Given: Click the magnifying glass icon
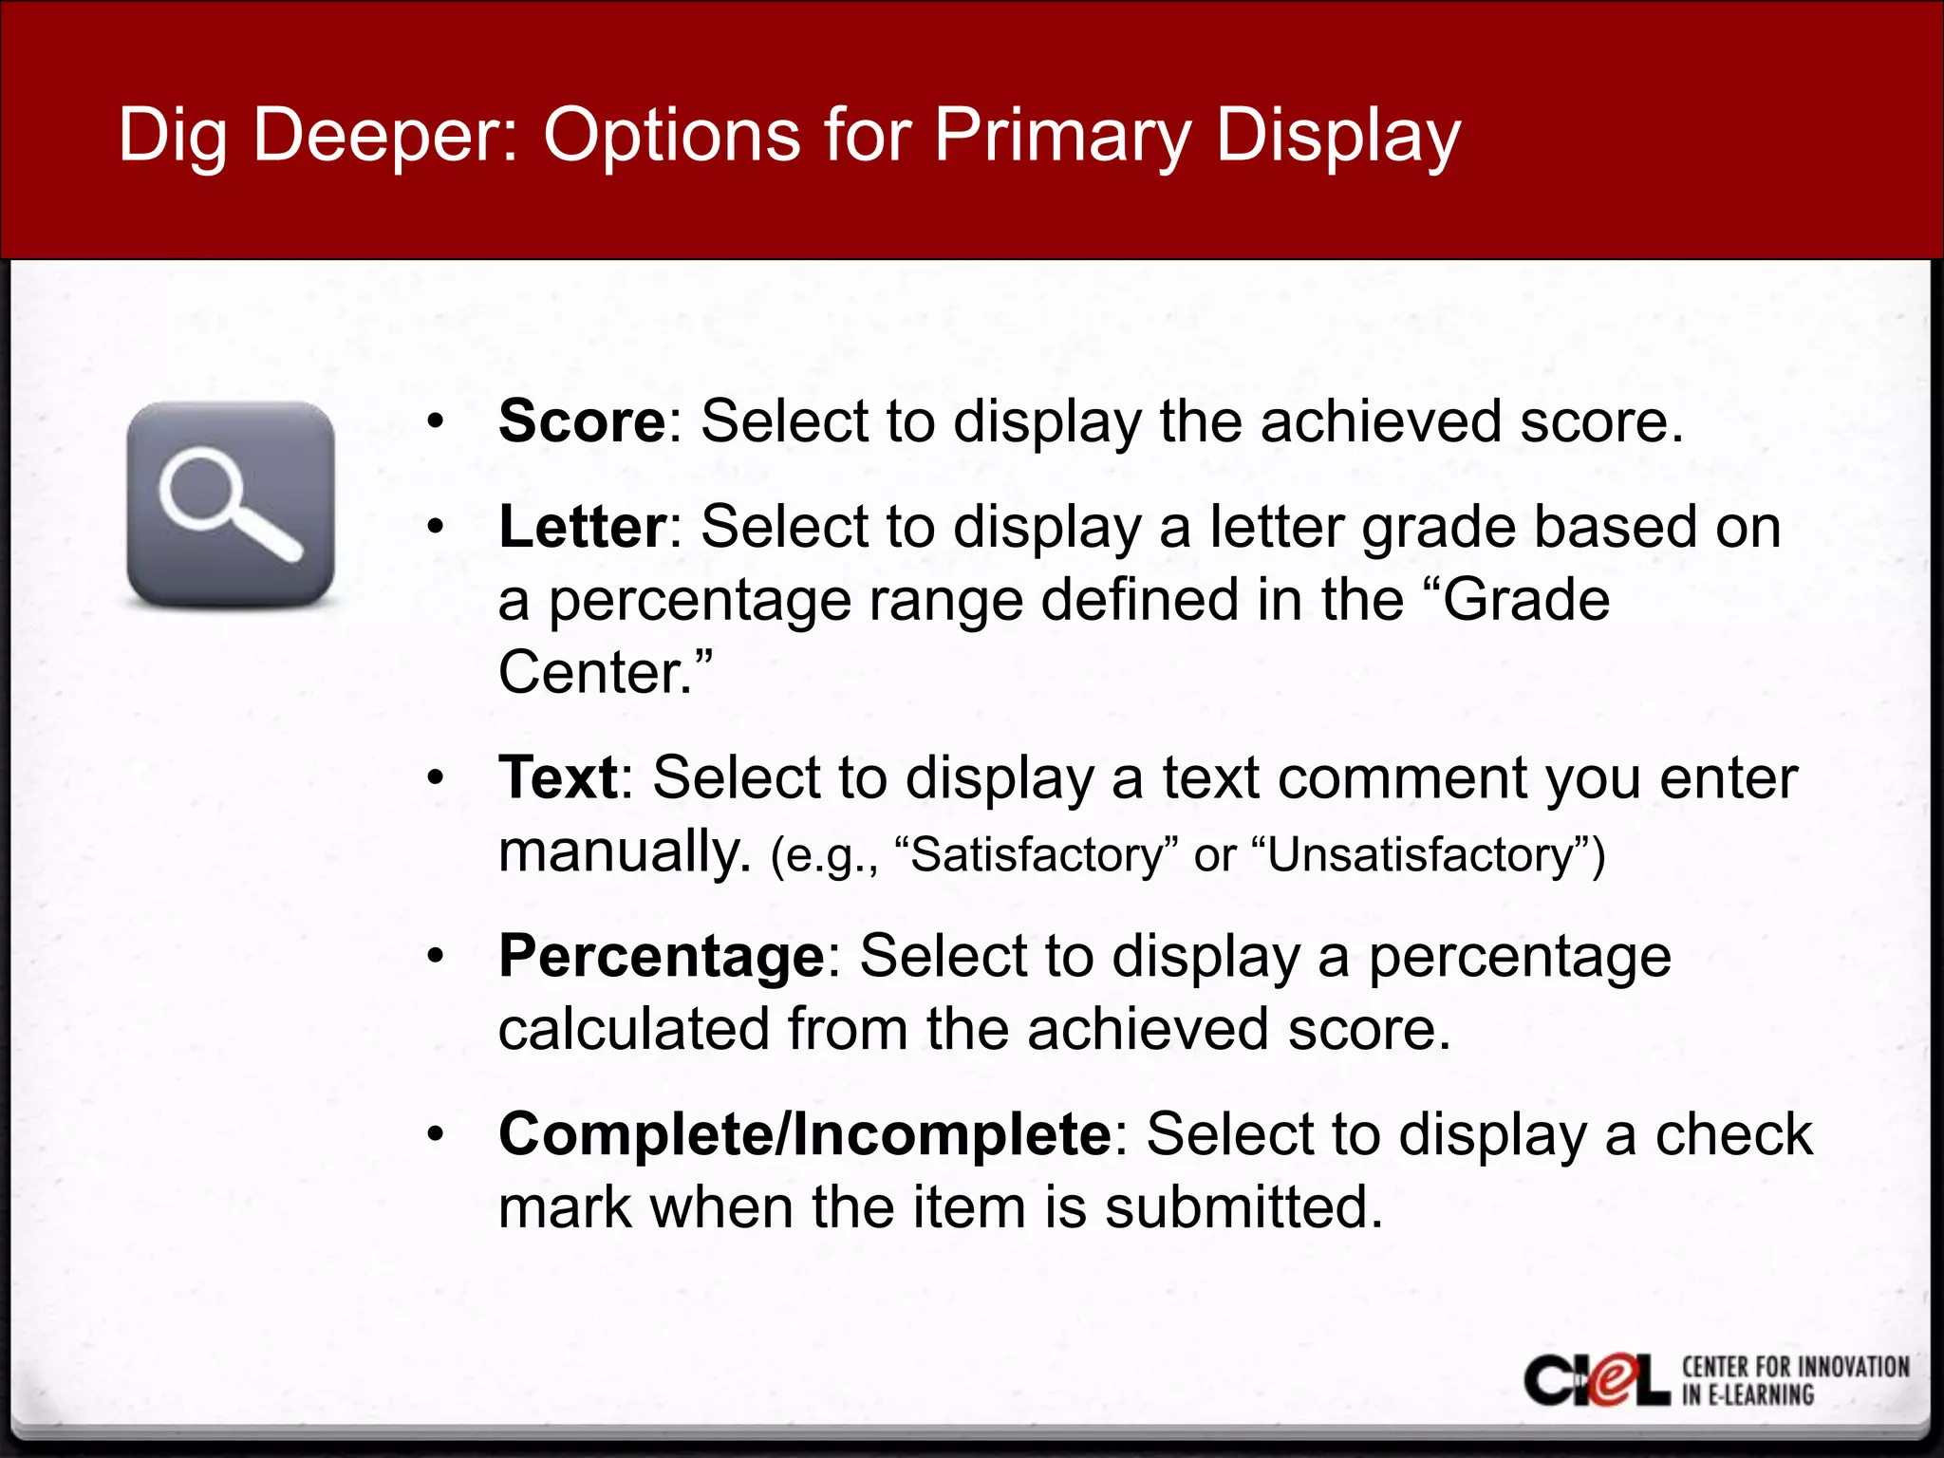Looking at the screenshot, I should (231, 504).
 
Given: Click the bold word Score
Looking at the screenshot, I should (582, 421).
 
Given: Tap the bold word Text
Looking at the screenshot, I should (558, 778).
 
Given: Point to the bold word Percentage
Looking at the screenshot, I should (662, 957).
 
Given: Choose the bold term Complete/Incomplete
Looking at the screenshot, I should (804, 1134).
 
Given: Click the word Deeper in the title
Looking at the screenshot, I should (384, 136).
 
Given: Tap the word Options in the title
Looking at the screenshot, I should (672, 136).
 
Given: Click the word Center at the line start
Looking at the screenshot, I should (594, 672).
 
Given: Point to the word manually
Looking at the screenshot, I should (625, 851).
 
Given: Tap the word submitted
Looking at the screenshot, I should (1243, 1207).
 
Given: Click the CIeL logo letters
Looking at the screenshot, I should (1597, 1381).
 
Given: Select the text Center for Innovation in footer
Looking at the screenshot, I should (1795, 1367).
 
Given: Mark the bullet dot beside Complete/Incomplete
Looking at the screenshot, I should (435, 1135).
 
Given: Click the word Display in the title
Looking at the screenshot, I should (1337, 136).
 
